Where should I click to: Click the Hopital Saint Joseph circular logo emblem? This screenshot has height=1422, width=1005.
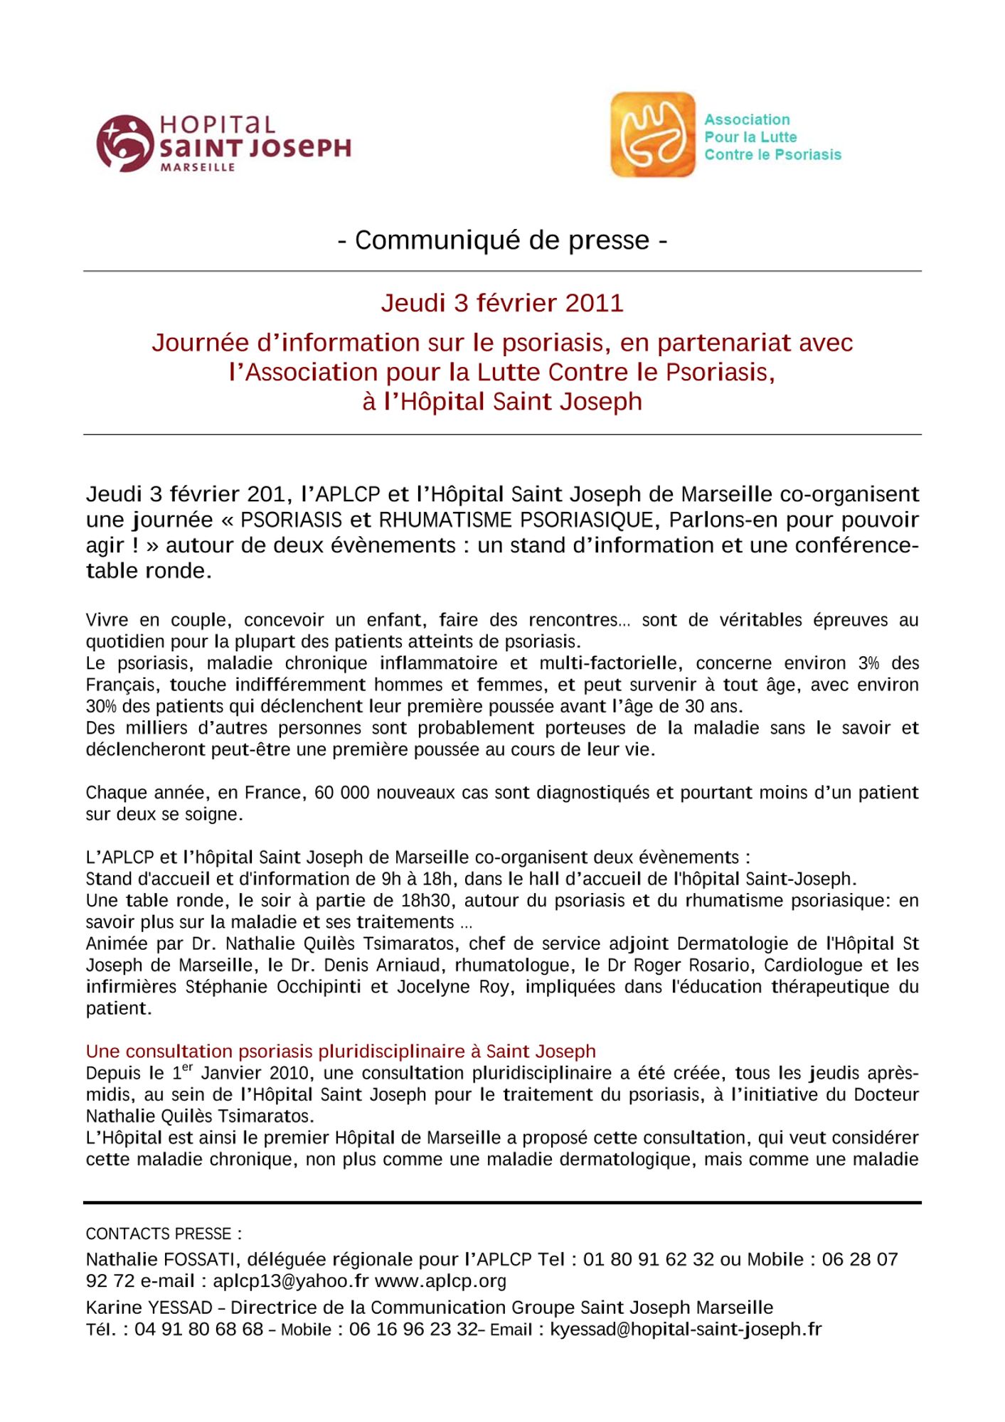(x=125, y=143)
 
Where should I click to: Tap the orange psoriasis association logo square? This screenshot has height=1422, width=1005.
(x=652, y=134)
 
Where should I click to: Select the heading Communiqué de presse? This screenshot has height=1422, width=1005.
(x=502, y=240)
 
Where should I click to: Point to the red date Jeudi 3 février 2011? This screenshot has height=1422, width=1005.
(x=502, y=303)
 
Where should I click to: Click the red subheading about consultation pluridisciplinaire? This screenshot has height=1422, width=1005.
(x=341, y=1051)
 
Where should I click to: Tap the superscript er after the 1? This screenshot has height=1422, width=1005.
(x=188, y=1067)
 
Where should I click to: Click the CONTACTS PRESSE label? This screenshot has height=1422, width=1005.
(x=164, y=1234)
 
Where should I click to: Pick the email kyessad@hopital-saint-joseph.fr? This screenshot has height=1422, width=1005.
(x=686, y=1329)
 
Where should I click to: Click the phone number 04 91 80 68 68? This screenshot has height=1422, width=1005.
(x=198, y=1329)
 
